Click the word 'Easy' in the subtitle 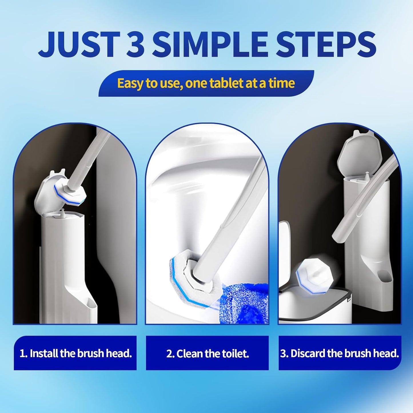pyautogui.click(x=130, y=83)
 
